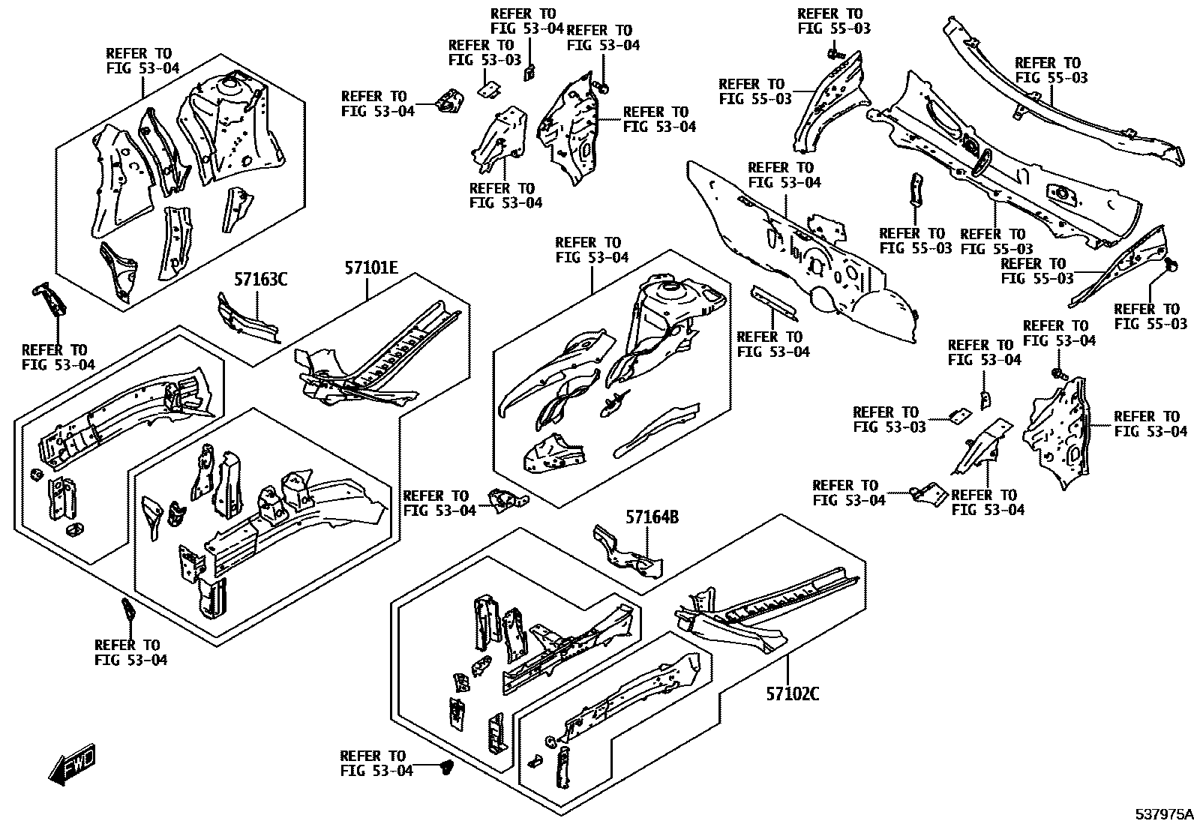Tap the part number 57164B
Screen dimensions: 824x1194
point(652,517)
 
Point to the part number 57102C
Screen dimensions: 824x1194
point(792,694)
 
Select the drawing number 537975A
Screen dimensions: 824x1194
point(1162,814)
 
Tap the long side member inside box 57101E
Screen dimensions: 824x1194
point(390,352)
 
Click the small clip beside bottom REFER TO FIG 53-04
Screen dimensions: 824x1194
point(448,768)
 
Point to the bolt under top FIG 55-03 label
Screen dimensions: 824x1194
point(834,54)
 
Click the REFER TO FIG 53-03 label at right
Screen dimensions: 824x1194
point(885,419)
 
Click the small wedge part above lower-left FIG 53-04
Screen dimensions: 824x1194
point(127,610)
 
